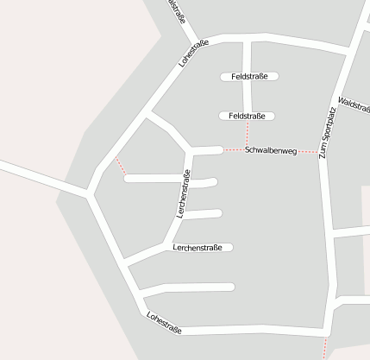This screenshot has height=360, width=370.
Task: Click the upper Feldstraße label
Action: click(x=249, y=76)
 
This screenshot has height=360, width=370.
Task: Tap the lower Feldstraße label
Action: click(x=247, y=116)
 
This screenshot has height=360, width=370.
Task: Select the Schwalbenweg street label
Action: click(x=271, y=151)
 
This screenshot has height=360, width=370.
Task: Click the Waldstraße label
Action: click(x=354, y=108)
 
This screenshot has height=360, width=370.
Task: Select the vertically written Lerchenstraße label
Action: click(x=183, y=194)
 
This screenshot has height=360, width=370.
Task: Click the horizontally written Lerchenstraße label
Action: click(x=198, y=248)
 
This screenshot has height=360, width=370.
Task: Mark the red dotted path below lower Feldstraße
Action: click(x=248, y=135)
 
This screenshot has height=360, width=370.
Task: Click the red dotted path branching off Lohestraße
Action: click(x=121, y=166)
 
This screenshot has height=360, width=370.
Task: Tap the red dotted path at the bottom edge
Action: click(x=325, y=348)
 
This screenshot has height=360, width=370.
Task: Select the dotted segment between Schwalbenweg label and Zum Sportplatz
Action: click(x=308, y=152)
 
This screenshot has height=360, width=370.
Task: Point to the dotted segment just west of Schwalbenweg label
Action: click(x=233, y=150)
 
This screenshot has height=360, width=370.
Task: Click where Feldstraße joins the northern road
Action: click(x=247, y=40)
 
